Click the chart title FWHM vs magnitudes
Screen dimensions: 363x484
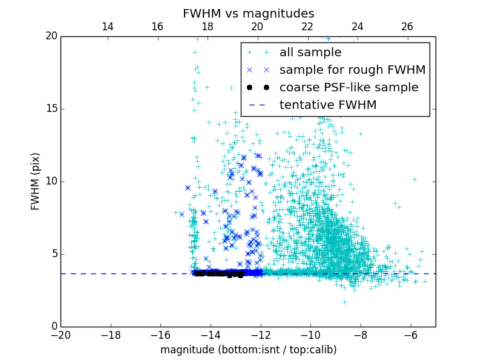click(x=248, y=13)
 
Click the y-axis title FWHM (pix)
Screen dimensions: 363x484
click(x=36, y=181)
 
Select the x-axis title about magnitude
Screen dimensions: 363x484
click(x=248, y=350)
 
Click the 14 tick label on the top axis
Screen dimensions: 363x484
click(x=107, y=27)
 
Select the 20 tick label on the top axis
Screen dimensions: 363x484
click(x=257, y=27)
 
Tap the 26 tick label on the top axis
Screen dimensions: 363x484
click(x=407, y=27)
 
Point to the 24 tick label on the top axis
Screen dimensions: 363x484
click(x=357, y=27)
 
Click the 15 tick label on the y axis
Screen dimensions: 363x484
click(x=50, y=109)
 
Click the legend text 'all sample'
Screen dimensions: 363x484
click(x=310, y=53)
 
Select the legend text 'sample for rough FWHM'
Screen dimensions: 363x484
click(x=352, y=70)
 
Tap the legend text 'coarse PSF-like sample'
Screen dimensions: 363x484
click(x=348, y=88)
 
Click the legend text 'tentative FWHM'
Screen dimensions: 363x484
click(x=328, y=105)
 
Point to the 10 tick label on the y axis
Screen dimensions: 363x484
click(x=50, y=181)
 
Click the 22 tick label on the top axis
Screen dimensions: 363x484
click(x=307, y=27)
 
